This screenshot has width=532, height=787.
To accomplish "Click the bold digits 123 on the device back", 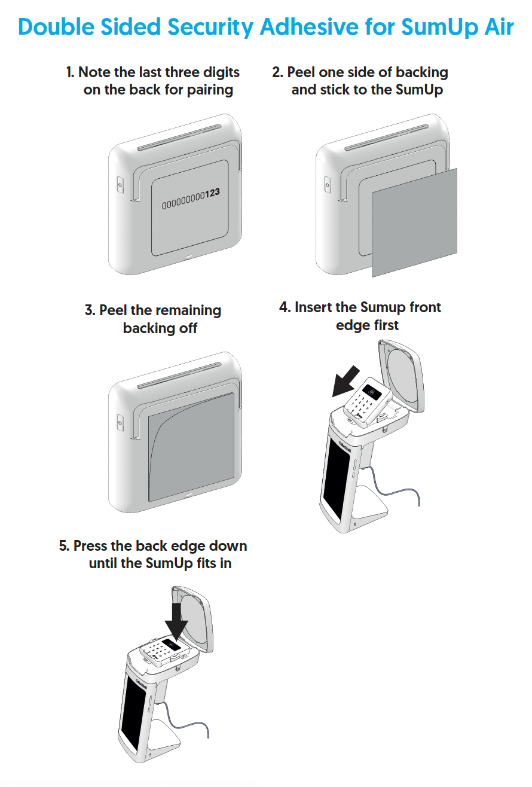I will (212, 193).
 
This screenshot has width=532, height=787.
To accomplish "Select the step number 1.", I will (70, 73).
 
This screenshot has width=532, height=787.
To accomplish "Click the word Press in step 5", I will (94, 546).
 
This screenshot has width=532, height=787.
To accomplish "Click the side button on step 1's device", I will (120, 185).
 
